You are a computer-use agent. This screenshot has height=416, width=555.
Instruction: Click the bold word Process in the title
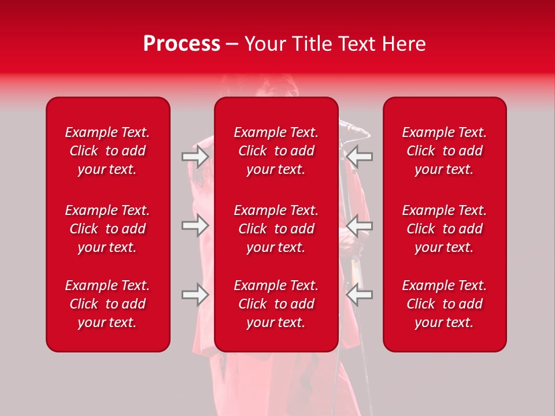[x=182, y=44]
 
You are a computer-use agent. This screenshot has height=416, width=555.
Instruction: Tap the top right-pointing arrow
[x=195, y=157]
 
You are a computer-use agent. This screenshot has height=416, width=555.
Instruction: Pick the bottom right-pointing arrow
[x=195, y=295]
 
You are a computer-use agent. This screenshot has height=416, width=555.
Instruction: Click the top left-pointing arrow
[x=360, y=157]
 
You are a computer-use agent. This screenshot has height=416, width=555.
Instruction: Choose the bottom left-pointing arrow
[x=360, y=295]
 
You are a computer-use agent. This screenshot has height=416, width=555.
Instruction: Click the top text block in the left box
[x=108, y=151]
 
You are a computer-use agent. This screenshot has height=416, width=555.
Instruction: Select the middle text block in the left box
[x=108, y=229]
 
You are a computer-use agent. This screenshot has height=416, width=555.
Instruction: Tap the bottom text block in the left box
[x=108, y=304]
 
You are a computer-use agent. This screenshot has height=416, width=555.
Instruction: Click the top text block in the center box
[x=276, y=151]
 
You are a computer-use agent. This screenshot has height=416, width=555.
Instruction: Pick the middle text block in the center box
[x=276, y=229]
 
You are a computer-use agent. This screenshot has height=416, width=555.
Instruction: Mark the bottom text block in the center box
[x=276, y=304]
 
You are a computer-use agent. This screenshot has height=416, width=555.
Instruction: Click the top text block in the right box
[x=444, y=151]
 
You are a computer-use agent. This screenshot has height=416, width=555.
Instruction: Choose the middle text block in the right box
[x=444, y=229]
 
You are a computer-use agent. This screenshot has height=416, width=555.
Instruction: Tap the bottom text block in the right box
[x=444, y=304]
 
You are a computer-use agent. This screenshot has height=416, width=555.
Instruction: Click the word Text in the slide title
[x=358, y=44]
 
